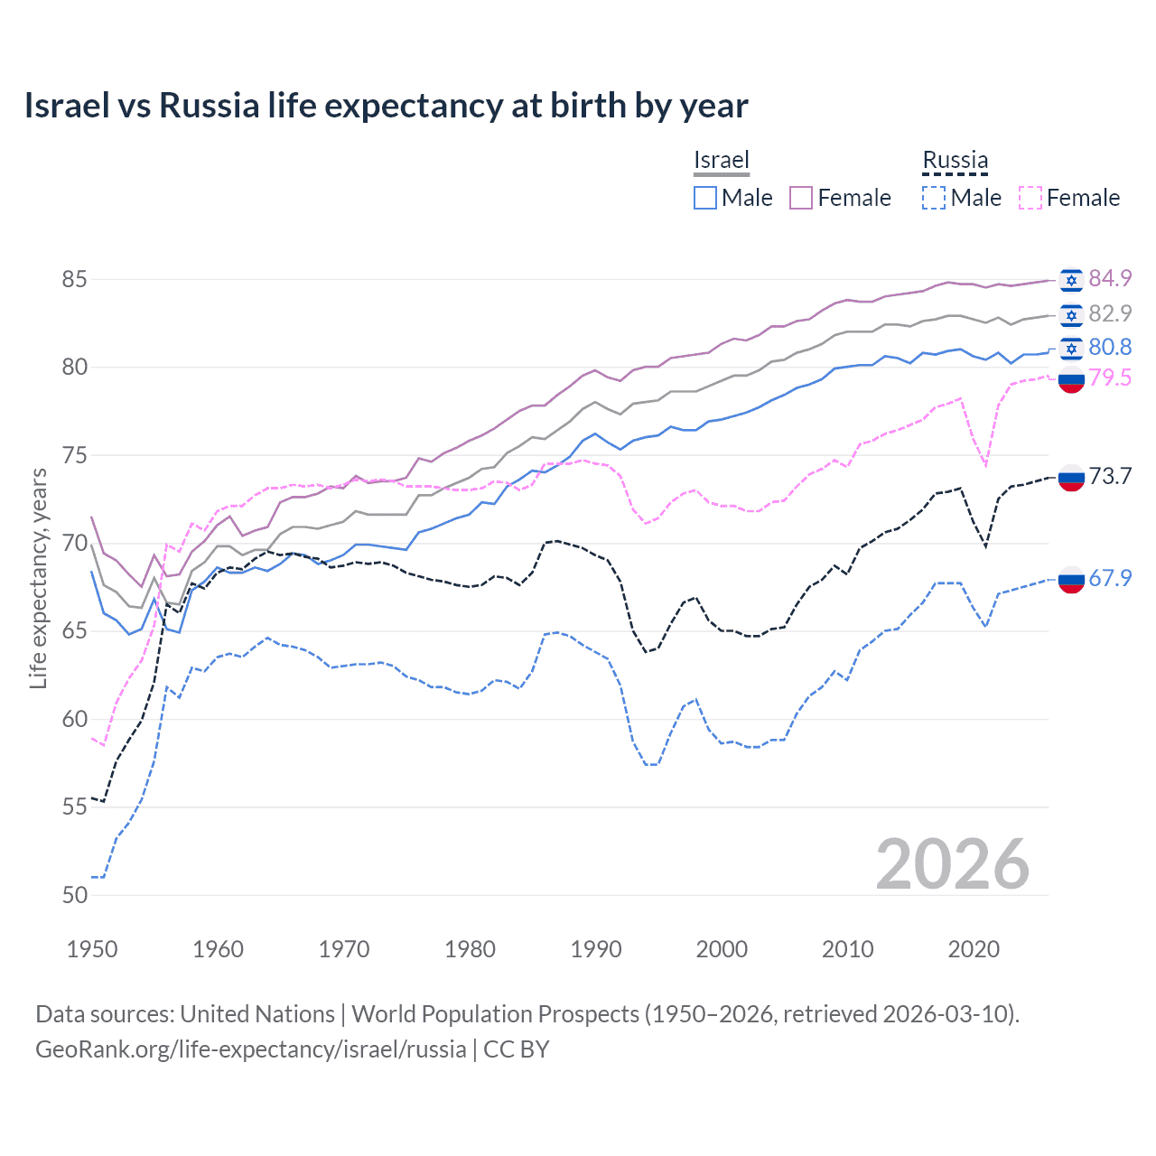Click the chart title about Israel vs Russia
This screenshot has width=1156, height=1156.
[386, 106]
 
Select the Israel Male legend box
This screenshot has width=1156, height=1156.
[705, 198]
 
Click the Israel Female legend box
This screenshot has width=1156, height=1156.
[801, 198]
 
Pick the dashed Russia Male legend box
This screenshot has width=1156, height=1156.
[934, 198]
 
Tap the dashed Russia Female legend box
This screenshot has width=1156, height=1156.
[1030, 198]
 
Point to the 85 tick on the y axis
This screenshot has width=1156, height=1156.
[75, 279]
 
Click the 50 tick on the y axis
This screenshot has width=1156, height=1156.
[75, 895]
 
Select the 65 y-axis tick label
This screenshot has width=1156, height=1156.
[75, 630]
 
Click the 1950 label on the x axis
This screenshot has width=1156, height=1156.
[92, 949]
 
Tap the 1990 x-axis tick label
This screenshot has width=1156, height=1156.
[596, 949]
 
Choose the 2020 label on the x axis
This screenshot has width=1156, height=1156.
[974, 949]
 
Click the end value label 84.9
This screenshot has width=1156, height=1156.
[1110, 279]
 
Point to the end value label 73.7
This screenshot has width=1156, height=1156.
[1110, 476]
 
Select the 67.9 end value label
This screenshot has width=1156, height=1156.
[1110, 578]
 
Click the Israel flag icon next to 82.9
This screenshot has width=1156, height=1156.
[1071, 314]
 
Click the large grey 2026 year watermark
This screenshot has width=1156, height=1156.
[953, 865]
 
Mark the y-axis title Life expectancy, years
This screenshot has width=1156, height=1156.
[38, 578]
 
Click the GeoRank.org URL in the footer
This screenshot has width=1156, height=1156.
[251, 1049]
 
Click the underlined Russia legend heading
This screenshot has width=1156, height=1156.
[956, 160]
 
